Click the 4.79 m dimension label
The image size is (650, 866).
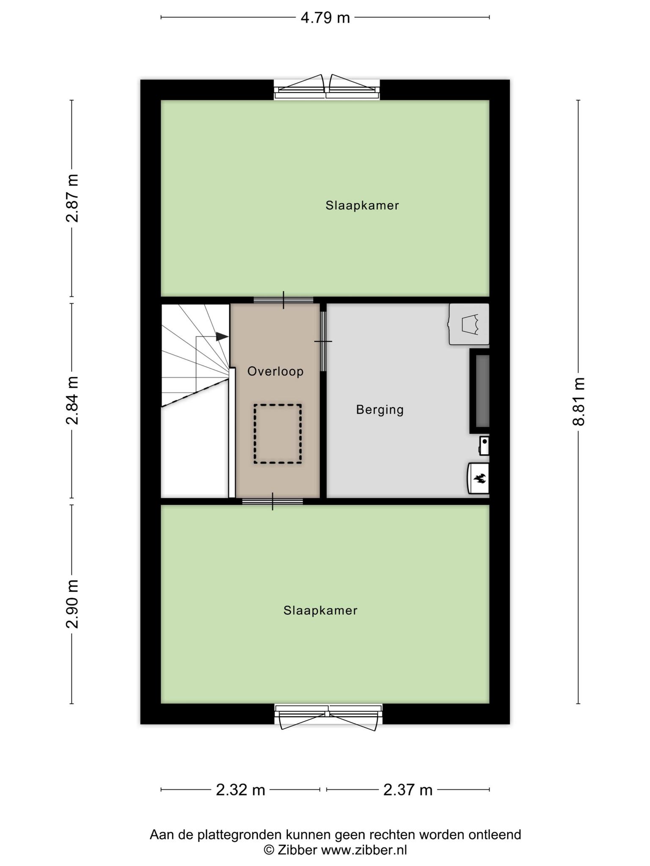[x=325, y=18]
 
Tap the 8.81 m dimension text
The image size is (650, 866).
[x=578, y=401]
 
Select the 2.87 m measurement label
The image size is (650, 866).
[x=72, y=198]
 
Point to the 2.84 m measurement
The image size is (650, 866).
[x=72, y=400]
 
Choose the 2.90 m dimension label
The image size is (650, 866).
[x=72, y=604]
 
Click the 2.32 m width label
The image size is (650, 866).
[x=240, y=789]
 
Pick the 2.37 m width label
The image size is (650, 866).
[x=408, y=789]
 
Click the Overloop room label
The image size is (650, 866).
[x=275, y=372]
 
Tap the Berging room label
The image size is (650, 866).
[x=380, y=410]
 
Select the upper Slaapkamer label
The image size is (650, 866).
[x=362, y=206]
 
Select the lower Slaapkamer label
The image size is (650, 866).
[x=320, y=610]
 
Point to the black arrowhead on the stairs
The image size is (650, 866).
[x=222, y=337]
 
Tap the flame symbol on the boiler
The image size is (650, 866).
[x=479, y=479]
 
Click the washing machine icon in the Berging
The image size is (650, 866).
[x=469, y=324]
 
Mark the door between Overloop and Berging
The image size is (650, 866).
[x=323, y=341]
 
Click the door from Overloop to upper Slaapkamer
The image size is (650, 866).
[x=283, y=300]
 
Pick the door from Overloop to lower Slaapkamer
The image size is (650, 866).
[x=273, y=502]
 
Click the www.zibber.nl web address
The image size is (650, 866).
[x=364, y=850]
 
